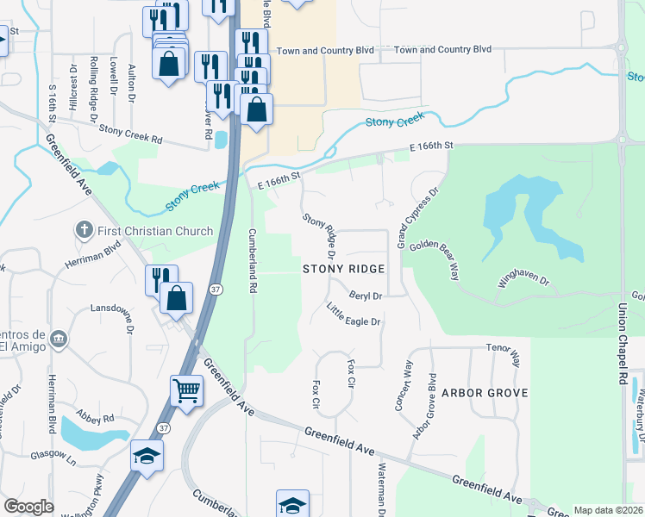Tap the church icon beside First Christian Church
tap(84, 230)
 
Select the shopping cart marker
tap(186, 392)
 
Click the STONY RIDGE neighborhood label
tap(341, 269)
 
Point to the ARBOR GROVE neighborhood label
tap(479, 392)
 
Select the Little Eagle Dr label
tap(353, 315)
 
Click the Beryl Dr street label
tap(365, 295)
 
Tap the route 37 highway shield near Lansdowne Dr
tap(215, 289)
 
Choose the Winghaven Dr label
tap(523, 277)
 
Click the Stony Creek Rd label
tap(130, 133)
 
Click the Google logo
tap(29, 507)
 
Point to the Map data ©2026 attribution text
tap(607, 510)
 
